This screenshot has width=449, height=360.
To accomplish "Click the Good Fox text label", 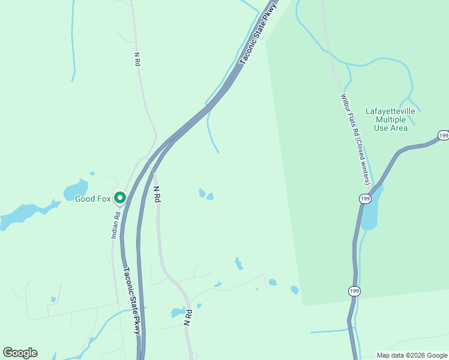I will click(92, 199).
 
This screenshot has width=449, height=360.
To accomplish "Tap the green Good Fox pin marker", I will click(119, 197).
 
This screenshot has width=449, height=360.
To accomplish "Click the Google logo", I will click(20, 353).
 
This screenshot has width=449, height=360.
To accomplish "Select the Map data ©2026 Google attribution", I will click(412, 355).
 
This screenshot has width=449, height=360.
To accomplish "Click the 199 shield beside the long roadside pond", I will click(365, 199).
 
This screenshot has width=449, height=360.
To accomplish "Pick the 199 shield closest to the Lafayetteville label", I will click(443, 136).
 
